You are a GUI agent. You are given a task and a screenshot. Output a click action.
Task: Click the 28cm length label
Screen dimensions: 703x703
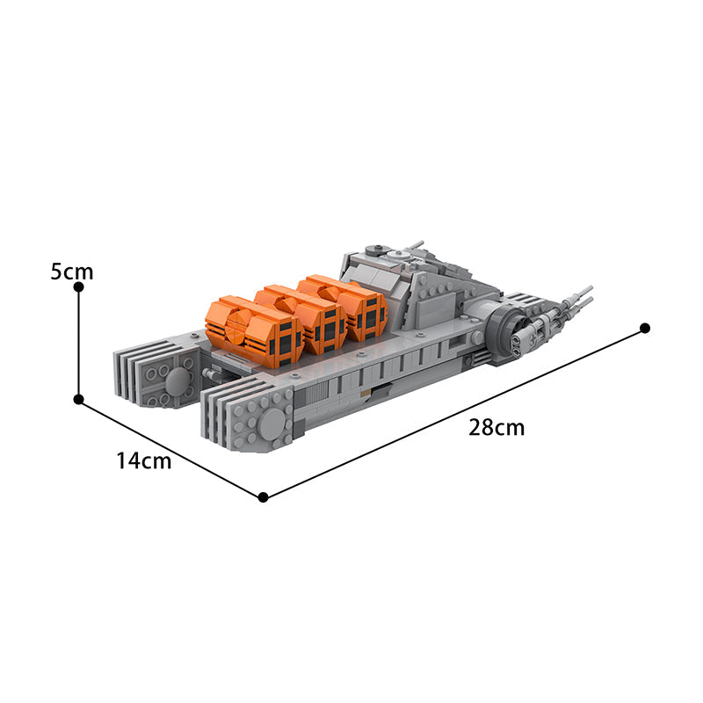[x=496, y=428]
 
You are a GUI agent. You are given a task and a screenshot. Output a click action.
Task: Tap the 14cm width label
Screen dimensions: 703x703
[x=143, y=460]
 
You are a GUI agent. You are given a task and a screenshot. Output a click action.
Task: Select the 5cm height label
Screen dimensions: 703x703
[x=71, y=272]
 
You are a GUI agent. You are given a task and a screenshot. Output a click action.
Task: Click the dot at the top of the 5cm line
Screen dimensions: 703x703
[x=78, y=287]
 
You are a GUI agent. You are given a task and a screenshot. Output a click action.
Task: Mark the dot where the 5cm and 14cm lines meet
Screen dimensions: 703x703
[x=78, y=399]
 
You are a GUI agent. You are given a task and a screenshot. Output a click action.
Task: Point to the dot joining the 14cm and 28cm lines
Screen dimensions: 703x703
[x=263, y=497]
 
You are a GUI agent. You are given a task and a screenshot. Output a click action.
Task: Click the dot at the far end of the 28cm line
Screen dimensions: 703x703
[x=645, y=328]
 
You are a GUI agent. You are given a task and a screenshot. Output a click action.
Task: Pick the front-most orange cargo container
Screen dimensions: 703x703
[x=253, y=332]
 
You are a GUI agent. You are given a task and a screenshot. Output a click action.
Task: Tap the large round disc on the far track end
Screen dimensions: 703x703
[x=178, y=381]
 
